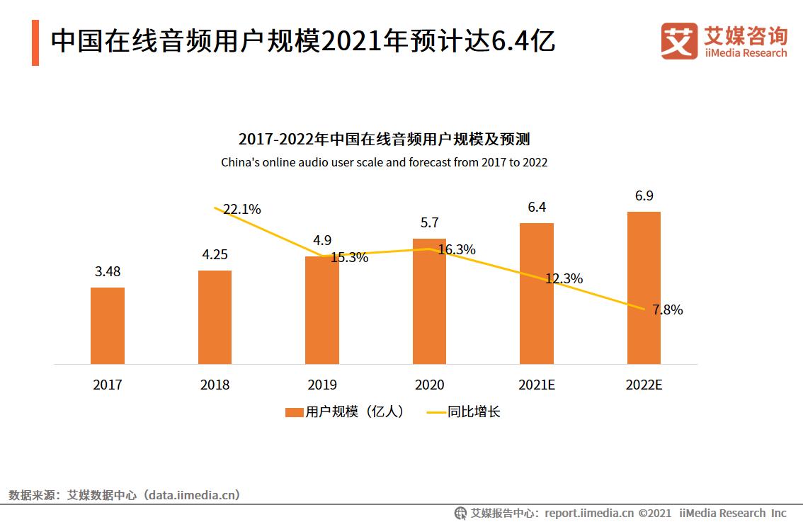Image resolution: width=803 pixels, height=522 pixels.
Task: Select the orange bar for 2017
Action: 108,326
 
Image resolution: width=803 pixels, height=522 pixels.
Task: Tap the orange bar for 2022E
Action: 644,288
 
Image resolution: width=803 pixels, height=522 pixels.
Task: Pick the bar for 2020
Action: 429,302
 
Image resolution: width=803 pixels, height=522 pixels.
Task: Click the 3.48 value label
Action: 108,271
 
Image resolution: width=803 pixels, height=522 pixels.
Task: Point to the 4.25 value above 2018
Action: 215,254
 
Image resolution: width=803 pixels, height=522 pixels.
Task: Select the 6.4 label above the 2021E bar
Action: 536,207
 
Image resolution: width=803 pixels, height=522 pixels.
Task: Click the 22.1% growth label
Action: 242,209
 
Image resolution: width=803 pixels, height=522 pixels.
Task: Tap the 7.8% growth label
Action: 668,310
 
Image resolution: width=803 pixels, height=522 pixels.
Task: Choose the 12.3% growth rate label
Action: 564,279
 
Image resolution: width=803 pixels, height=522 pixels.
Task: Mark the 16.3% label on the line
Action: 457,249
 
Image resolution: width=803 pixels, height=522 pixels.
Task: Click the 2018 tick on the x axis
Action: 215,385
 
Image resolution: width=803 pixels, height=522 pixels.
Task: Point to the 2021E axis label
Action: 536,385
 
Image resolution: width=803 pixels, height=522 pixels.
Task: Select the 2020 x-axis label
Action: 429,385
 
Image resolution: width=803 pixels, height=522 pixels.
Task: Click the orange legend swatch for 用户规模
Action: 294,412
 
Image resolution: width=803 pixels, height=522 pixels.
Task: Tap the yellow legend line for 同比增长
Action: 435,412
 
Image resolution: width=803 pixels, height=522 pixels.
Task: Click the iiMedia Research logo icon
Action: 679,40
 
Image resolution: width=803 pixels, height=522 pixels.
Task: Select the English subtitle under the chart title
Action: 384,162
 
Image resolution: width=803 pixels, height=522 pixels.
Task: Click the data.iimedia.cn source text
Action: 191,495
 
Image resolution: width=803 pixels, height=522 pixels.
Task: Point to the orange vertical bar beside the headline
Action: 35,43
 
